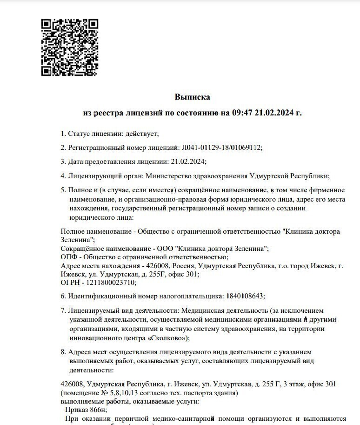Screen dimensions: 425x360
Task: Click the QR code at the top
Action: (70, 47)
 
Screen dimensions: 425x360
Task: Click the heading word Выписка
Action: (193, 97)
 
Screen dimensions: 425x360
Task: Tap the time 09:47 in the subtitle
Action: (242, 113)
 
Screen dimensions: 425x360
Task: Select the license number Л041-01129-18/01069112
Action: (220, 148)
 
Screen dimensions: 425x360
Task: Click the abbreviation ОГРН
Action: (70, 282)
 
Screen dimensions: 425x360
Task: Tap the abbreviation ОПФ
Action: (69, 257)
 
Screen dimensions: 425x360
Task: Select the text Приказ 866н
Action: (87, 410)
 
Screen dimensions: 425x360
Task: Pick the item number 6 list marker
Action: (63, 296)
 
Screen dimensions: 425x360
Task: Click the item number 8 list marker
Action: (63, 352)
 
